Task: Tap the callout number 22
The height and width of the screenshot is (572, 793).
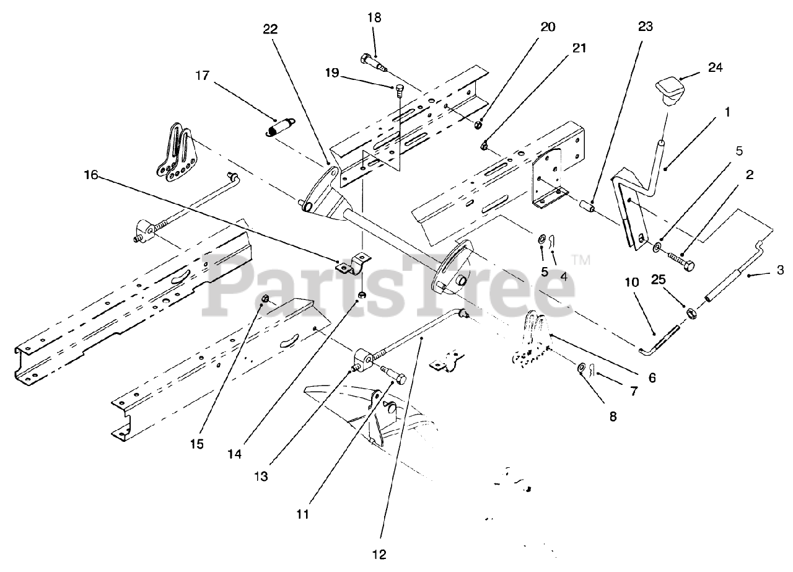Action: (x=270, y=29)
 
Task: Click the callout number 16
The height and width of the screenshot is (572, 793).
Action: (x=91, y=175)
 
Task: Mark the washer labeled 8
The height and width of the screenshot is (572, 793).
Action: (x=582, y=369)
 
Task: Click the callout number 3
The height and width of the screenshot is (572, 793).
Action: (x=780, y=270)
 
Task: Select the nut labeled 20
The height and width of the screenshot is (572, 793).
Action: (x=479, y=125)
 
